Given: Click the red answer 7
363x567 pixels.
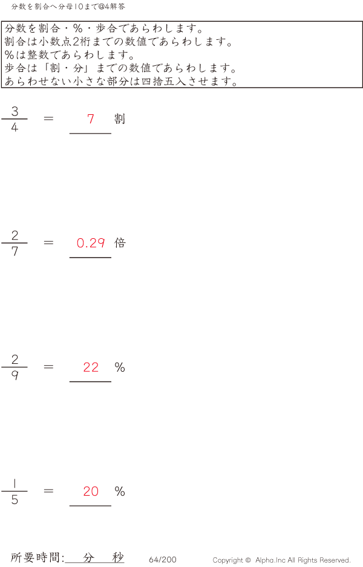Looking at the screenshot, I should click(x=91, y=119).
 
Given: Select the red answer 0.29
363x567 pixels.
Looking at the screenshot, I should click(x=91, y=243).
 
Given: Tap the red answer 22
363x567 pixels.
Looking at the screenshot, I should click(x=91, y=368).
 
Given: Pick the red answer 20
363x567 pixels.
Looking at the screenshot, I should click(x=91, y=491).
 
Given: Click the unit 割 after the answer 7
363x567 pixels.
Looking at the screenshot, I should click(x=120, y=119).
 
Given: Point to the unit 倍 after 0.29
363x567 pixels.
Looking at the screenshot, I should click(x=120, y=243).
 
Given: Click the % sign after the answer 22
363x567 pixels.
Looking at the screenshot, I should click(x=120, y=368).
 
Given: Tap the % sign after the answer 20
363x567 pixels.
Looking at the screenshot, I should click(x=120, y=491).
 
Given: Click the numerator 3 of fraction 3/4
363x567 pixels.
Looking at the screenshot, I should click(x=15, y=111).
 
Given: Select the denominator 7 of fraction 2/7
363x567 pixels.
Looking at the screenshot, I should click(x=15, y=252).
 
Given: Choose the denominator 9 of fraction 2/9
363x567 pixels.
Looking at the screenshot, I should click(x=15, y=376).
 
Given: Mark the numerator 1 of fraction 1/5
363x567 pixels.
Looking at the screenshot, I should click(x=15, y=484).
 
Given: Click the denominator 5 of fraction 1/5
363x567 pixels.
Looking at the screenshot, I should click(x=15, y=501).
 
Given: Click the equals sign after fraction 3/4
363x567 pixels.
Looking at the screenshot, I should click(x=49, y=118).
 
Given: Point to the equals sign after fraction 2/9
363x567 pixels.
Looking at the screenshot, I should click(x=49, y=367).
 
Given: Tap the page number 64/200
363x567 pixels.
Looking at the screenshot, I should click(x=163, y=560).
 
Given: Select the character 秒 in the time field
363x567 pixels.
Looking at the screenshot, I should click(x=117, y=558).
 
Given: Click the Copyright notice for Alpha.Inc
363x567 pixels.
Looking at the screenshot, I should click(x=281, y=560).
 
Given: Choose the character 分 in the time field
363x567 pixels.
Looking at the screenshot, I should click(x=89, y=558).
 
